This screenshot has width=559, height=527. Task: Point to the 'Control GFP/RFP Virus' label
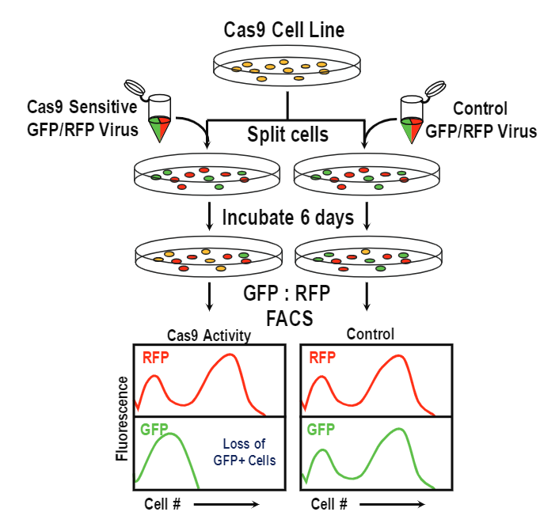(481, 119)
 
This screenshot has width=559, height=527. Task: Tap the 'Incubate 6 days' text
(287, 217)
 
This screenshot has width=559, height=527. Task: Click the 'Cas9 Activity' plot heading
(209, 336)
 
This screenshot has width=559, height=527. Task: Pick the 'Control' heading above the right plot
(370, 335)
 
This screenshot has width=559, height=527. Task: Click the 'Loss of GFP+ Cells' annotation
(245, 452)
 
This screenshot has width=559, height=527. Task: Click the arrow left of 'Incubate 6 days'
(209, 216)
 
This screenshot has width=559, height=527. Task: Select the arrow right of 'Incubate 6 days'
(367, 216)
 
